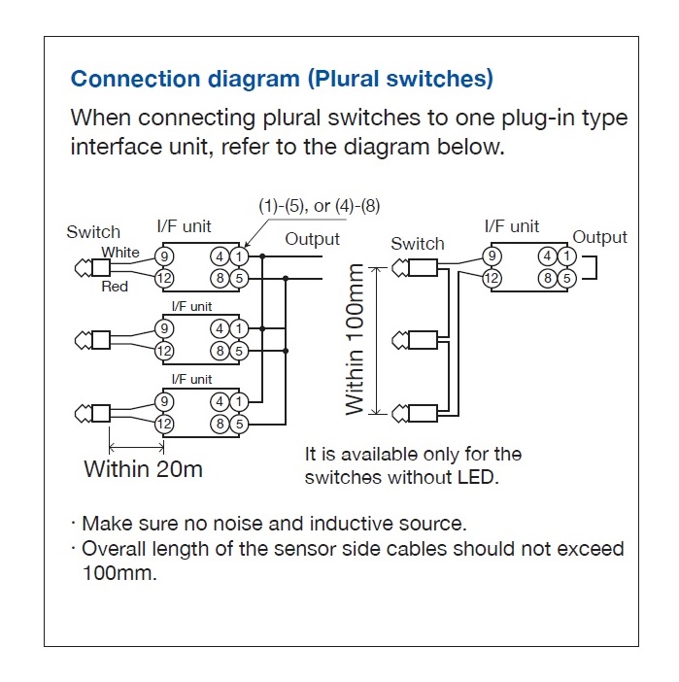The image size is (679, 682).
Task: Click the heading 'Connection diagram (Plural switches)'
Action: click(x=282, y=78)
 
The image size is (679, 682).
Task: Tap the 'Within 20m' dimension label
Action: click(x=144, y=469)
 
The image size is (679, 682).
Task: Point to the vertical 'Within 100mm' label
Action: click(x=356, y=339)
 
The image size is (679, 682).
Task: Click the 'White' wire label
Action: click(x=120, y=253)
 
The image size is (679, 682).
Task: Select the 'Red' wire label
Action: click(x=115, y=287)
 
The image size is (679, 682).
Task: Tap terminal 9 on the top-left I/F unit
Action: click(x=164, y=257)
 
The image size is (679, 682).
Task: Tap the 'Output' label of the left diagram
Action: click(x=312, y=239)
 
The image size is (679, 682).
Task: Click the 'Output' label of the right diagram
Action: click(x=599, y=237)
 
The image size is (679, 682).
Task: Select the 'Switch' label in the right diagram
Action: click(x=417, y=244)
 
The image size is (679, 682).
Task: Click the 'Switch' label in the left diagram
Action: click(x=93, y=232)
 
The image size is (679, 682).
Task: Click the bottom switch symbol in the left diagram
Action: click(x=93, y=415)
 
